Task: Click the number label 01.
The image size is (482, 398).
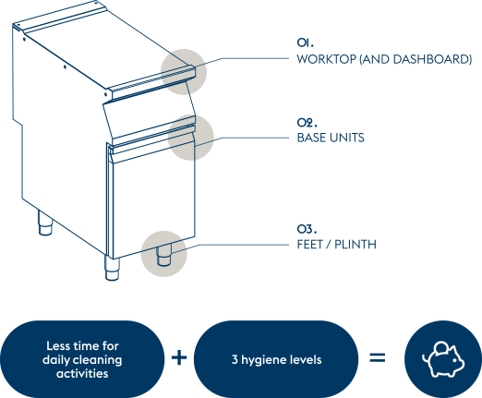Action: [x=306, y=42]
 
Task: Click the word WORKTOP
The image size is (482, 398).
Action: [x=327, y=59]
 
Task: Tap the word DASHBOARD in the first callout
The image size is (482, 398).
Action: [x=430, y=59]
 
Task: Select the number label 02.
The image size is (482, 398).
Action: [x=307, y=123]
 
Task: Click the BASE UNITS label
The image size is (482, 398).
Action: [x=331, y=138]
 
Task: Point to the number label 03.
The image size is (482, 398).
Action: [x=307, y=229]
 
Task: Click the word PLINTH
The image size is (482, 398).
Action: [x=355, y=245]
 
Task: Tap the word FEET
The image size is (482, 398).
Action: [x=309, y=245]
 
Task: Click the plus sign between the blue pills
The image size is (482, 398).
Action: [x=179, y=358]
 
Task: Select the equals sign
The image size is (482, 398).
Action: [x=378, y=358]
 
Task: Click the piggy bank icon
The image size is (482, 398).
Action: [x=443, y=359]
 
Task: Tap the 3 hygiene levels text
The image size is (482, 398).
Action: [x=276, y=359]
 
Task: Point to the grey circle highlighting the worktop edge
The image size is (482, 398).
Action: [x=184, y=72]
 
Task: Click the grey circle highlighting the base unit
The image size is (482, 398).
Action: [x=191, y=138]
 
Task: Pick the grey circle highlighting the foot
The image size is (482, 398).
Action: [x=164, y=254]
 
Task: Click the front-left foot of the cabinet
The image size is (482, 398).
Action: [x=112, y=269]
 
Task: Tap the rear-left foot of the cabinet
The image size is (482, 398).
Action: [x=45, y=223]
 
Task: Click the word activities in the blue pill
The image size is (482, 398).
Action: [x=82, y=373]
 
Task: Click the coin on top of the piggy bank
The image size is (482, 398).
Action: [x=442, y=346]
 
